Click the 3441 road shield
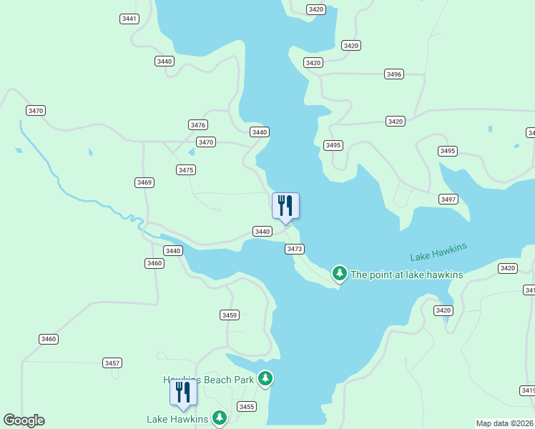129,19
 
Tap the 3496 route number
394,74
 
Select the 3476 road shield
198,125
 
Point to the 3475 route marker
186,170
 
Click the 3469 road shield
144,183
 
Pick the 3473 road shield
295,249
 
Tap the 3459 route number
229,315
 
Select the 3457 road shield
112,363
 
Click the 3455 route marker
247,407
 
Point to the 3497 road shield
448,199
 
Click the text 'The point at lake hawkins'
407,275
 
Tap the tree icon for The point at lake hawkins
340,273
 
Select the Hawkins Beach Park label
209,380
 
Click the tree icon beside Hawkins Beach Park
265,378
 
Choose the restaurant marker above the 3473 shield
285,206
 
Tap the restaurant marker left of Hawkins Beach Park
183,393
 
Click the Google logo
24,420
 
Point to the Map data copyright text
505,423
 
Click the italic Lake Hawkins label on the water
438,252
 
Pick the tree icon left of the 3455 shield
220,417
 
